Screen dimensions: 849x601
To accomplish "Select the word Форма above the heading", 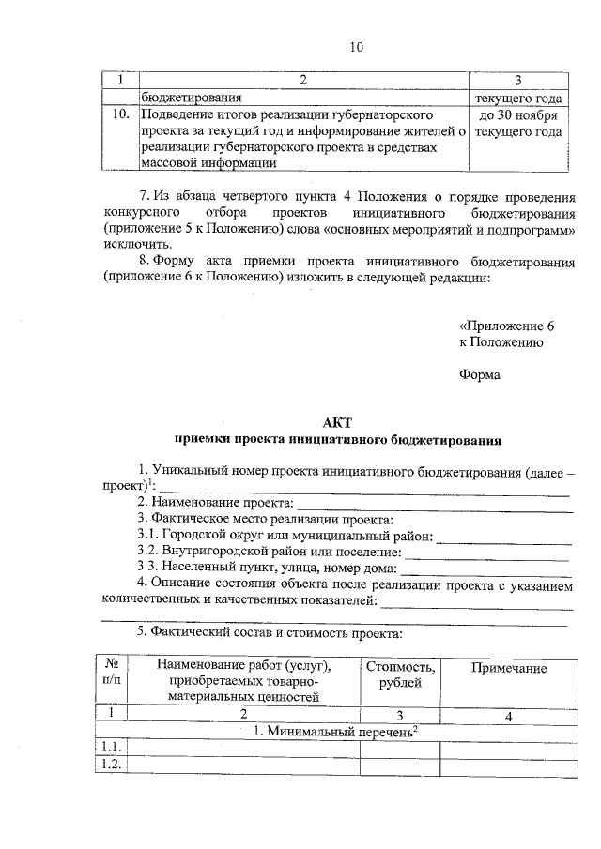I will (x=479, y=375).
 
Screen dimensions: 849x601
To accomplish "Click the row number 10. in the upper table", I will (x=120, y=114).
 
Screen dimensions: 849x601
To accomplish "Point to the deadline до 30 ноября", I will (x=518, y=114).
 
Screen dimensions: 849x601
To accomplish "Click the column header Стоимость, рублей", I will (x=400, y=675).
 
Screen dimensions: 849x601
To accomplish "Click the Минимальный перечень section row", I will (x=335, y=730).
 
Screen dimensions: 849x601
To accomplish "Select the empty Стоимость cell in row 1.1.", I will (x=400, y=747).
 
